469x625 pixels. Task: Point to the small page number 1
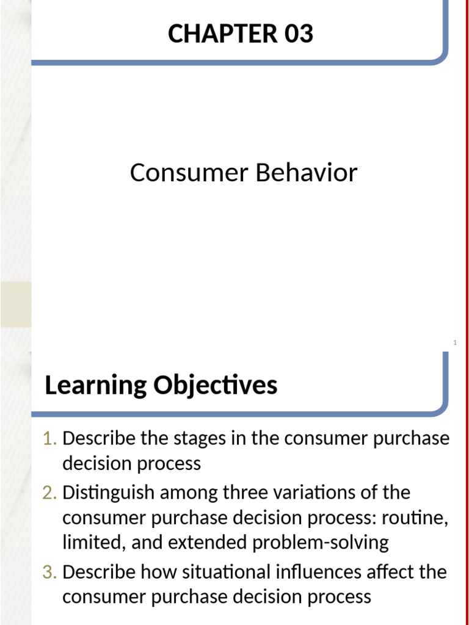click(x=455, y=344)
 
